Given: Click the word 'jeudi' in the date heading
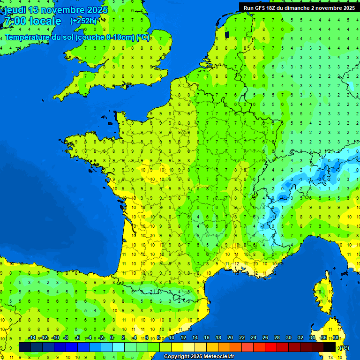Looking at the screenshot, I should point(15,10).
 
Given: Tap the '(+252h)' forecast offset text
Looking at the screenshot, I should point(83,21).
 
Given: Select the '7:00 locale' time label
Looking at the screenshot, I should point(32,21).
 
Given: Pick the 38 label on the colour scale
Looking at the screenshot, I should point(336,338).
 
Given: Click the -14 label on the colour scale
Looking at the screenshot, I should point(32,338).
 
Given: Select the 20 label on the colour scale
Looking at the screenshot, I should point(230,338).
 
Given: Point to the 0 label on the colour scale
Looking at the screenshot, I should point(112,338).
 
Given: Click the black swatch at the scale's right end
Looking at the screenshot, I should point(330,347).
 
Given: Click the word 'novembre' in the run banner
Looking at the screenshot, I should point(327,7).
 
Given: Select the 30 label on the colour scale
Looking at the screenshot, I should point(289,338).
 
